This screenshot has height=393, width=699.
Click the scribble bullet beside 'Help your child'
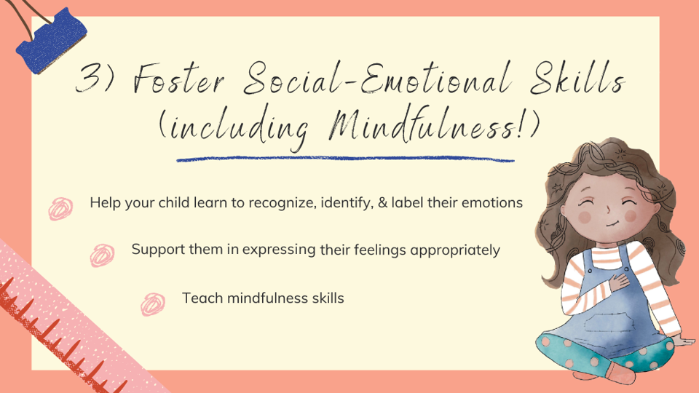60,207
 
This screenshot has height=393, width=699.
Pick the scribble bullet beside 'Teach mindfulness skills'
154,302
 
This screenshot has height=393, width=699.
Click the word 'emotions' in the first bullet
494,203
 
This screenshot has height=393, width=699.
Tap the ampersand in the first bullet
382,203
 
